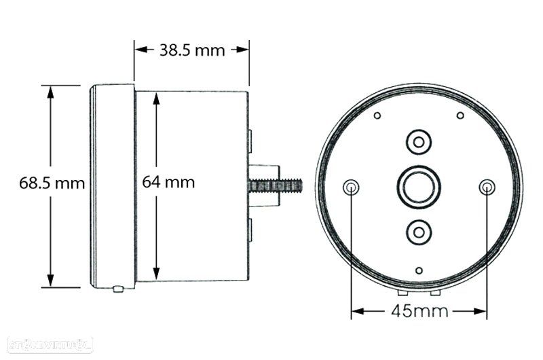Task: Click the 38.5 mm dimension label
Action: coord(191,50)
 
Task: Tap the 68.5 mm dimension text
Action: coord(52,183)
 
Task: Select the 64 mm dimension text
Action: coord(169,182)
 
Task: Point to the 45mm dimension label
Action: coord(420,312)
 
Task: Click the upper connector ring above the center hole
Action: coord(419,141)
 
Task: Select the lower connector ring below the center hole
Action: coord(419,232)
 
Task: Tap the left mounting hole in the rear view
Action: coord(351,187)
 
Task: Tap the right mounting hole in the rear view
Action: coord(487,187)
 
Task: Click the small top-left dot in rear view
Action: coord(377,115)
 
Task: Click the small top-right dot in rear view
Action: coord(460,115)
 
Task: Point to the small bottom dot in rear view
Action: coord(419,270)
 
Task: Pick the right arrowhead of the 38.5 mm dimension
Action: coord(244,50)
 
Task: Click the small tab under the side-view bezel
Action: coord(117,289)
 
